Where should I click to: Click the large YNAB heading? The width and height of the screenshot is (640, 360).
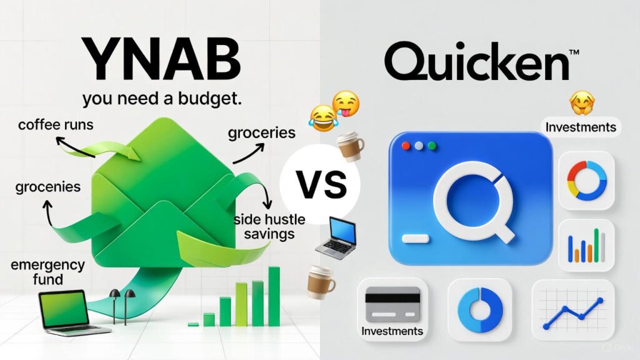coord(162,59)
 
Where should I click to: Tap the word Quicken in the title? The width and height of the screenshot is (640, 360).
coord(476,62)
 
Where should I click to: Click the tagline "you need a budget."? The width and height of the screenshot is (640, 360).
coord(162,99)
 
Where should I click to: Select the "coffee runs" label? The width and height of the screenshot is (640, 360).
coord(56,124)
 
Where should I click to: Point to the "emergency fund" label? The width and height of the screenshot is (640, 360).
coord(47,272)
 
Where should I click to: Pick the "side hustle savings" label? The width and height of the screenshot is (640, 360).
coord(269,226)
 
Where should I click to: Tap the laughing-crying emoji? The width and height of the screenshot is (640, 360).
coord(323,118)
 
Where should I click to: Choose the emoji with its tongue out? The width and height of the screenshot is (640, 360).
coord(346,104)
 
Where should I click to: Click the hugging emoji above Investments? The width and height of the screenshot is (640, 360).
coord(582,103)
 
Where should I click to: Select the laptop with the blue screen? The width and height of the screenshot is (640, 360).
coord(337,238)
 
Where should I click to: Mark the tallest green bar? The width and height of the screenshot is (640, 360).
coord(274,296)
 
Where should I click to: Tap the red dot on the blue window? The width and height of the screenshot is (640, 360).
coord(406,146)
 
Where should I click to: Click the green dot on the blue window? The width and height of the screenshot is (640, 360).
coord(432,146)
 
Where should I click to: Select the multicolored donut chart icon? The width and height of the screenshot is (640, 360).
coord(586,181)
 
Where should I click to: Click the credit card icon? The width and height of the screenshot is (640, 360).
coord(392,304)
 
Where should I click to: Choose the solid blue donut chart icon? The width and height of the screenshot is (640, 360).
coord(480,310)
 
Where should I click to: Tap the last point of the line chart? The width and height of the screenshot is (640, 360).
coord(600,301)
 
